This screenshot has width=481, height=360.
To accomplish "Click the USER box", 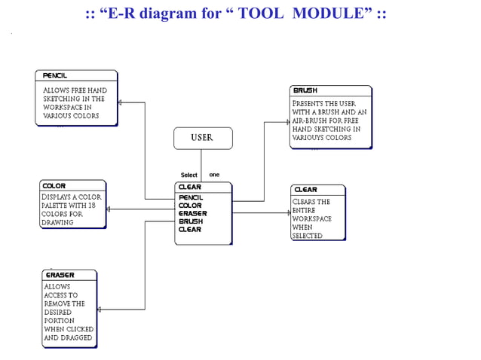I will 203,138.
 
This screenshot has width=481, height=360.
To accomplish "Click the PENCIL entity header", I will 55,76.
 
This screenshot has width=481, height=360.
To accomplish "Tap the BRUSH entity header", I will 305,90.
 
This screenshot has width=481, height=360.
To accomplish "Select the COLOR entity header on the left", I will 54,185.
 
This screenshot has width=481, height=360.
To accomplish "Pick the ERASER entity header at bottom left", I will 60,275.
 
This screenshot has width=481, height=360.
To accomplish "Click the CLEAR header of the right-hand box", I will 305,190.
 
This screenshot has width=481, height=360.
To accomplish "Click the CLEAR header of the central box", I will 189,187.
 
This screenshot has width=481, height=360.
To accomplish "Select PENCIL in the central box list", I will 190,197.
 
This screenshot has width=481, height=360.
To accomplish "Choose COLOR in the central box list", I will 189,206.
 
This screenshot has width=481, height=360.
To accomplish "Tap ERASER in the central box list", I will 192,213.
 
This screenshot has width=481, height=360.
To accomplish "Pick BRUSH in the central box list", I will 190,221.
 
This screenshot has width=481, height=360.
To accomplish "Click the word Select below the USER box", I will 188,175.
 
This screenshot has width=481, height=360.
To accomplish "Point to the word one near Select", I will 214,175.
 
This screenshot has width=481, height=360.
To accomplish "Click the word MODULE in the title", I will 330,14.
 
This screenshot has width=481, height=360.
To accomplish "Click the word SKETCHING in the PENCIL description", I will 63,99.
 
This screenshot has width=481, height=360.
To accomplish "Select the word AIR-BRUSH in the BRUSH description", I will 311,121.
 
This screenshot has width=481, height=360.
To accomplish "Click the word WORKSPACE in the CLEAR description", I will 311,219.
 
